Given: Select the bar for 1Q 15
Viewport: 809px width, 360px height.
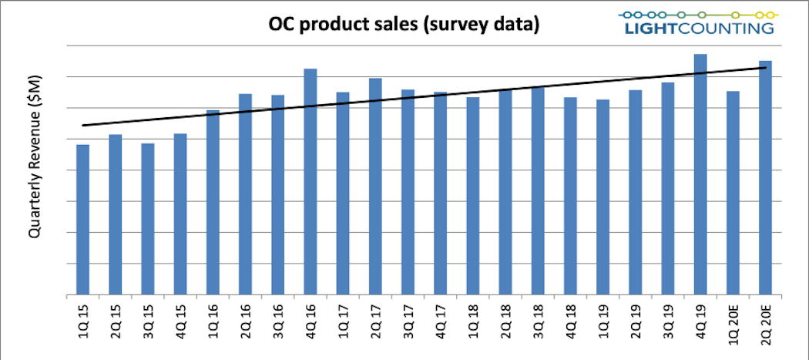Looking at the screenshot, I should point(82,220).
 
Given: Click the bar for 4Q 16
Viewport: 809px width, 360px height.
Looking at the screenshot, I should point(311,182).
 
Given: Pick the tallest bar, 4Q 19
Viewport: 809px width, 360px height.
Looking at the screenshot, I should point(700,174).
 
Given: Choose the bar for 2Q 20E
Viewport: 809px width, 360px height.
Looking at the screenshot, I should point(765,177).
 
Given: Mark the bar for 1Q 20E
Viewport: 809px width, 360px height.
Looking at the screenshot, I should point(733,193).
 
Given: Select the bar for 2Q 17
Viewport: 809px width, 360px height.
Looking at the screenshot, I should point(375,187).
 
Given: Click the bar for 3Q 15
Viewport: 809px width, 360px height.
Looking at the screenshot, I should point(147,219).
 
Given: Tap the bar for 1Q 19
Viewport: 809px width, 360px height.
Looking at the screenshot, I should point(603,197).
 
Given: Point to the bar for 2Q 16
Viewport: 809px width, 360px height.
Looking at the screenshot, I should point(245,194).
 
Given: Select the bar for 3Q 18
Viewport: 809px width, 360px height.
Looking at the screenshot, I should point(538,191).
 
